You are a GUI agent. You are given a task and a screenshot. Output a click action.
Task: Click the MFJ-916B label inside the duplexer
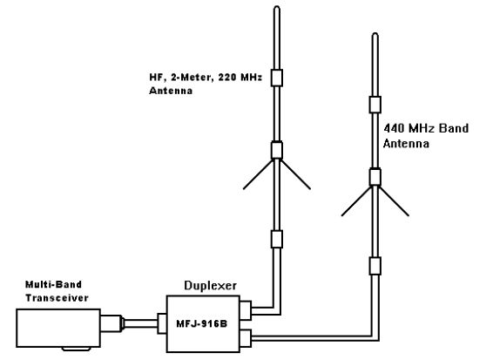point(201,323)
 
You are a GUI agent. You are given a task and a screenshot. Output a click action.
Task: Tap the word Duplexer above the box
point(210,286)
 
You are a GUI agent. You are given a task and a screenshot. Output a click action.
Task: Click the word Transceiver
point(57,298)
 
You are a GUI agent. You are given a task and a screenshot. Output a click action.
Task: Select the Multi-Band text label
point(53,284)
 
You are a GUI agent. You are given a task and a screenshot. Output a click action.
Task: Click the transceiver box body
point(58,329)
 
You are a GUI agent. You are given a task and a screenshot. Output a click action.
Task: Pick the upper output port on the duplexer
point(246,310)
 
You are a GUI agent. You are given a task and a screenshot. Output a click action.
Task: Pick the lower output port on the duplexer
point(246,338)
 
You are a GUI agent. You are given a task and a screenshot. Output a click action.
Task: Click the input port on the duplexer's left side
point(162,323)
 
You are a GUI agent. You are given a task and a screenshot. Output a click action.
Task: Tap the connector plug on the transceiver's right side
point(112,323)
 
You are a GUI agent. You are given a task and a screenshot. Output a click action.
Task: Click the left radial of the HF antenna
point(258,175)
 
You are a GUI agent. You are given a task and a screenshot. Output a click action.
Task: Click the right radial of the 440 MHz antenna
point(395,201)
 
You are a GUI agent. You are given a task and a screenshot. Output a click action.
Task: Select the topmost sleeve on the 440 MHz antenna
point(375,105)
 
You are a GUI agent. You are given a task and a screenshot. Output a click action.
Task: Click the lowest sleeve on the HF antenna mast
point(277,239)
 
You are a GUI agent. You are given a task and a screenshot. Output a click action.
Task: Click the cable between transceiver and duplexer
point(140,323)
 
